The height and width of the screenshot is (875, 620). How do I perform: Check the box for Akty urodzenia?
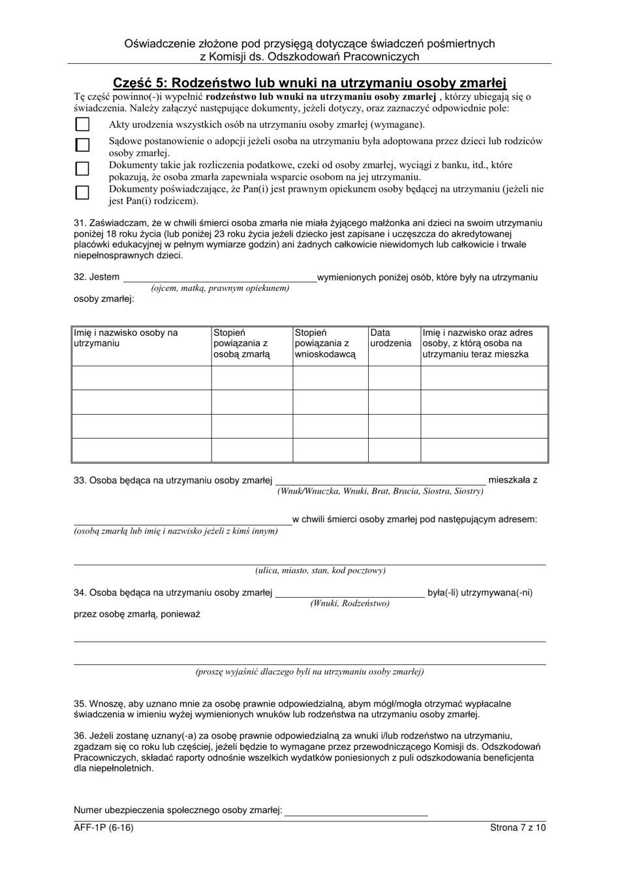click(x=82, y=124)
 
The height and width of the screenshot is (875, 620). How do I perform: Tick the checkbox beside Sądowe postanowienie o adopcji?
click(x=82, y=144)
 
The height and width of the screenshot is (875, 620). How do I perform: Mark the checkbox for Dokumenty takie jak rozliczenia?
click(x=82, y=169)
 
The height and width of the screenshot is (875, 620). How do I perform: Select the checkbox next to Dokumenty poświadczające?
click(x=82, y=192)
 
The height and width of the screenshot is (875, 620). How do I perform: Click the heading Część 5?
click(x=309, y=83)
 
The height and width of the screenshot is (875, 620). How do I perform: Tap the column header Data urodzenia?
click(x=391, y=338)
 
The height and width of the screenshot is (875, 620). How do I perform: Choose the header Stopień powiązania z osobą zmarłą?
click(x=241, y=344)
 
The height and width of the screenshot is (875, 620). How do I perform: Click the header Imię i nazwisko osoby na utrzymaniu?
click(x=125, y=338)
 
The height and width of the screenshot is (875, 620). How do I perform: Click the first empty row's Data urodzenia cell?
click(x=394, y=378)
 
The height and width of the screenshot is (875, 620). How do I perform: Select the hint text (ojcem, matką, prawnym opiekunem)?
click(x=220, y=288)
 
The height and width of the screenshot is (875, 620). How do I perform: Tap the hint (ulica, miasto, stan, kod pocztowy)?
click(x=320, y=571)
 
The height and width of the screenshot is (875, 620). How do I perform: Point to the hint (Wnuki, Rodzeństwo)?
click(x=350, y=603)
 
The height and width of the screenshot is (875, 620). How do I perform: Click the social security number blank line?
click(x=356, y=810)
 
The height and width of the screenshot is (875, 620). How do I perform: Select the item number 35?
click(x=80, y=704)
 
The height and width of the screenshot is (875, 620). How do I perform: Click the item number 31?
click(x=80, y=223)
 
